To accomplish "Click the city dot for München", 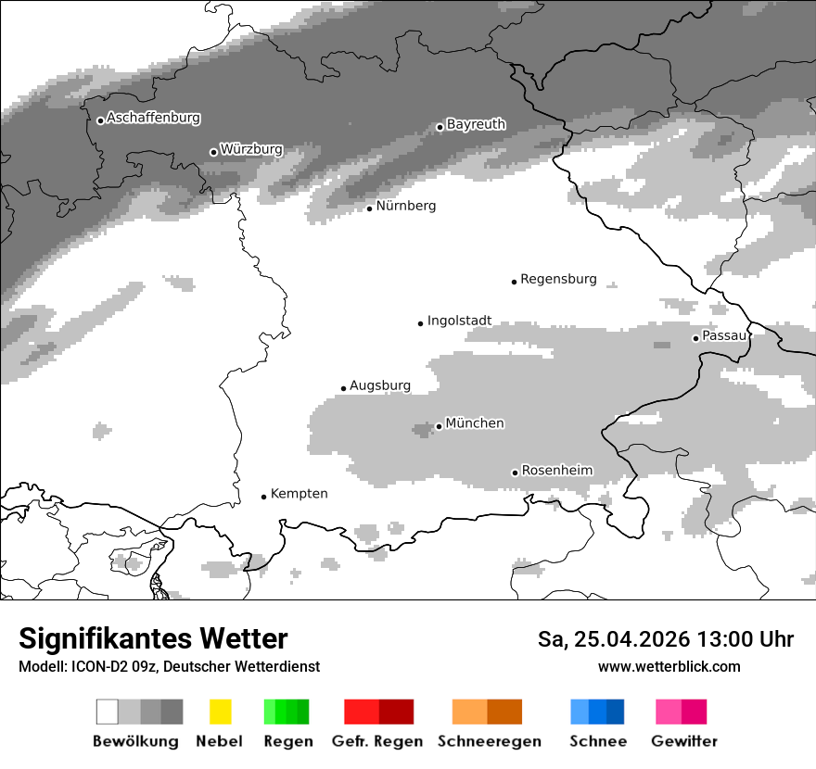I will tap(439, 426).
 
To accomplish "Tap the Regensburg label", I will tap(558, 279).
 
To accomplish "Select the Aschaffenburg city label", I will tap(153, 119).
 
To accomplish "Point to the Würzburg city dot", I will tap(213, 152).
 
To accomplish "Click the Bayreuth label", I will tap(476, 124).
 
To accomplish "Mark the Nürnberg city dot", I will tap(369, 208).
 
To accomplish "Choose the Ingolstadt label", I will tap(459, 321).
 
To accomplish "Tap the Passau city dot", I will tap(695, 338).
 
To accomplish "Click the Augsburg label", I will tap(380, 385).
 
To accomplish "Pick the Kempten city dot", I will tap(263, 497).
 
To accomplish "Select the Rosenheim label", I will tap(556, 471).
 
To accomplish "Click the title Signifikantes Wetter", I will tap(153, 639).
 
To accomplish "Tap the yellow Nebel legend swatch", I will tap(220, 712).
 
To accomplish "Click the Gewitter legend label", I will tap(683, 741).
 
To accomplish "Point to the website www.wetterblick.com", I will tap(669, 666).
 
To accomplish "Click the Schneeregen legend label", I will tap(489, 741).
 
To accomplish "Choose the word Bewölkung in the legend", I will tap(135, 741).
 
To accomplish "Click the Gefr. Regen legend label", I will tap(377, 741).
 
